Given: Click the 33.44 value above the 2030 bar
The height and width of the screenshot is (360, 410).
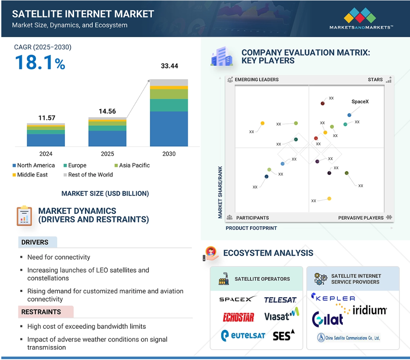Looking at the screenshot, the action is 169,66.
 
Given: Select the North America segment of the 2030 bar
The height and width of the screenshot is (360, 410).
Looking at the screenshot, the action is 169,129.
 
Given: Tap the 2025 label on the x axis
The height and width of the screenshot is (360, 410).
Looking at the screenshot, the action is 107,154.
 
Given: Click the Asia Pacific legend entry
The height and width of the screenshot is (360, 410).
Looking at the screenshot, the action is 132,165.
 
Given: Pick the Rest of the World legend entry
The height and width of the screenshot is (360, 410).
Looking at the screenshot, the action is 88,175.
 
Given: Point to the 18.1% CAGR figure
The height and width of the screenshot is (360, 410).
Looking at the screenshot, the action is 40,63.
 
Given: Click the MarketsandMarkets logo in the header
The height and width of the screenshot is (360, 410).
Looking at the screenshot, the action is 361,18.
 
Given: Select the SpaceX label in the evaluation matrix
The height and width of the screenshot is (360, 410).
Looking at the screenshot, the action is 360,102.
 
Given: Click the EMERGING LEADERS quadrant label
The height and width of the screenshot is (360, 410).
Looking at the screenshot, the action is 256,80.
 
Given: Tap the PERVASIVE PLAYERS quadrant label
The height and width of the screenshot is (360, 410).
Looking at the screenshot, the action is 361,218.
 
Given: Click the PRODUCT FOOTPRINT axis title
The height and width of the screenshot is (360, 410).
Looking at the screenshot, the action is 251,228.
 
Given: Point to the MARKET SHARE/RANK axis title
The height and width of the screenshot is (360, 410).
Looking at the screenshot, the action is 220,192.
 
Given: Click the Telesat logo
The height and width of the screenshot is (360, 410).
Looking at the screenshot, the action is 280,300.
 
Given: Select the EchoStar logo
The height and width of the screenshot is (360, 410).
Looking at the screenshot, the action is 238,317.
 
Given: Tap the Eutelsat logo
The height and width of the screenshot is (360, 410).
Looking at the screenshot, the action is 243,335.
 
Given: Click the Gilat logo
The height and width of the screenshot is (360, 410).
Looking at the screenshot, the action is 327,319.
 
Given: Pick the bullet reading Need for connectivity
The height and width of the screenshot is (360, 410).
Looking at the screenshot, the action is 58,257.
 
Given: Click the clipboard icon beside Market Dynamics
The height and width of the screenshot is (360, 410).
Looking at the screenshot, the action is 24,216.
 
